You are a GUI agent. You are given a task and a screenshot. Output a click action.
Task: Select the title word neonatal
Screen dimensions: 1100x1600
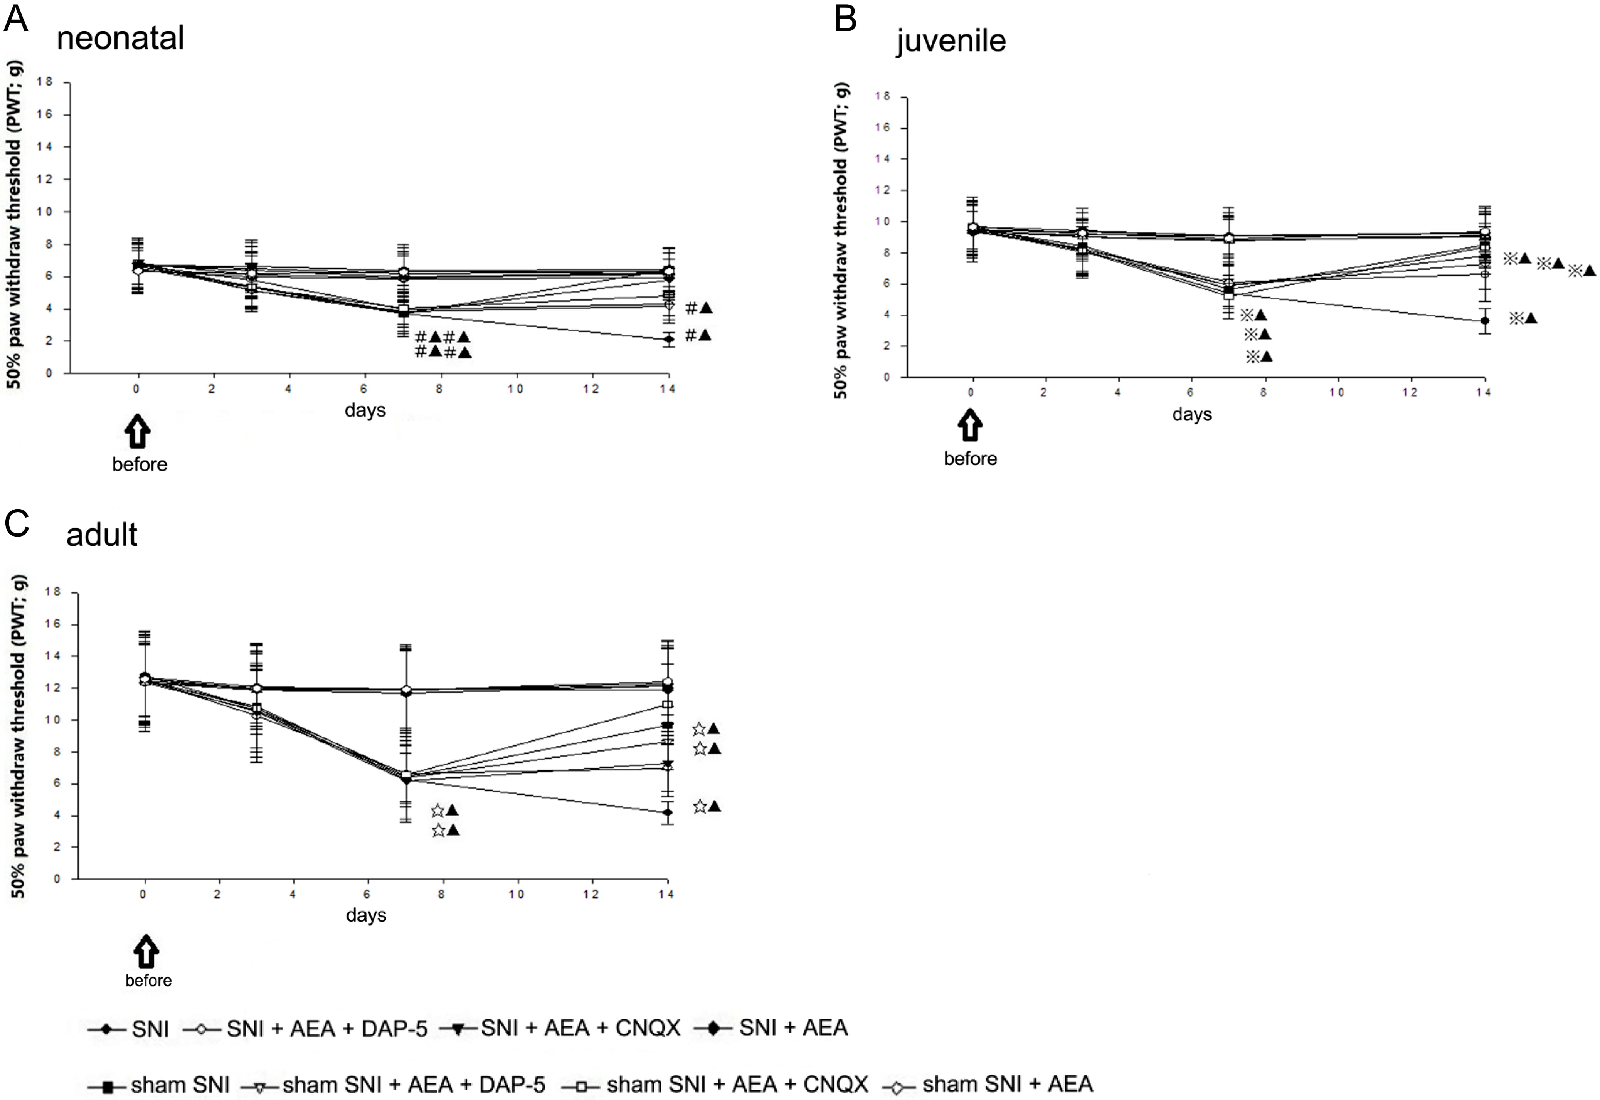tap(121, 38)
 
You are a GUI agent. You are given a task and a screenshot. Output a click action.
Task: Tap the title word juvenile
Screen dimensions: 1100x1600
tap(951, 41)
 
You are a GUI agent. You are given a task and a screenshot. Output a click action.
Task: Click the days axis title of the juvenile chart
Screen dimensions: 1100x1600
tap(1192, 414)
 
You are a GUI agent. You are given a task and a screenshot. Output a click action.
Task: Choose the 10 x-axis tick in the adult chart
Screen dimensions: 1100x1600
tap(516, 895)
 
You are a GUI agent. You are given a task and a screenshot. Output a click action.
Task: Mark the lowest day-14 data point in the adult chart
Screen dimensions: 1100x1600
tap(667, 812)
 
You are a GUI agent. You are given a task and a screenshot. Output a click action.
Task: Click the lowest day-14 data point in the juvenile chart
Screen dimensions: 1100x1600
tap(1485, 321)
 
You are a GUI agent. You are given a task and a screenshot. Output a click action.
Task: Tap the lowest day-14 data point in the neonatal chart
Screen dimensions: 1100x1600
tap(668, 339)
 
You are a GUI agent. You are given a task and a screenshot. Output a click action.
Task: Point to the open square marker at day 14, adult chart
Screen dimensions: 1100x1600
tap(667, 705)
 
